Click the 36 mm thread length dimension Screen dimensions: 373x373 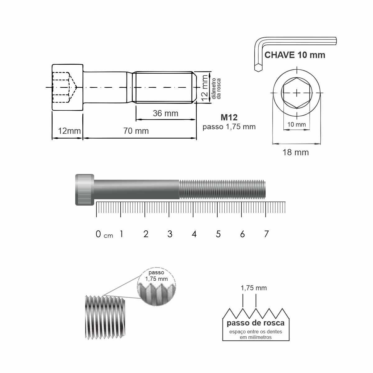pyautogui.click(x=165, y=113)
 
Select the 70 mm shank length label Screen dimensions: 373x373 pyautogui.click(x=136, y=131)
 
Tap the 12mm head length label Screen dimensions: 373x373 pyautogui.click(x=69, y=131)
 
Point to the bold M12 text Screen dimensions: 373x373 pyautogui.click(x=229, y=117)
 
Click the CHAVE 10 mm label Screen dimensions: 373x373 pyautogui.click(x=295, y=55)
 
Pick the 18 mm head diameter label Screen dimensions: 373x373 pyautogui.click(x=296, y=153)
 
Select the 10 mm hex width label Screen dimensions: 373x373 pyautogui.click(x=297, y=124)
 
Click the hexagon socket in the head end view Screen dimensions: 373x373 pyautogui.click(x=297, y=93)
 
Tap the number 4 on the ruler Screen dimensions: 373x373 pyautogui.click(x=194, y=234)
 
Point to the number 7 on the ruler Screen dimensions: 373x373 pyautogui.click(x=266, y=234)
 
